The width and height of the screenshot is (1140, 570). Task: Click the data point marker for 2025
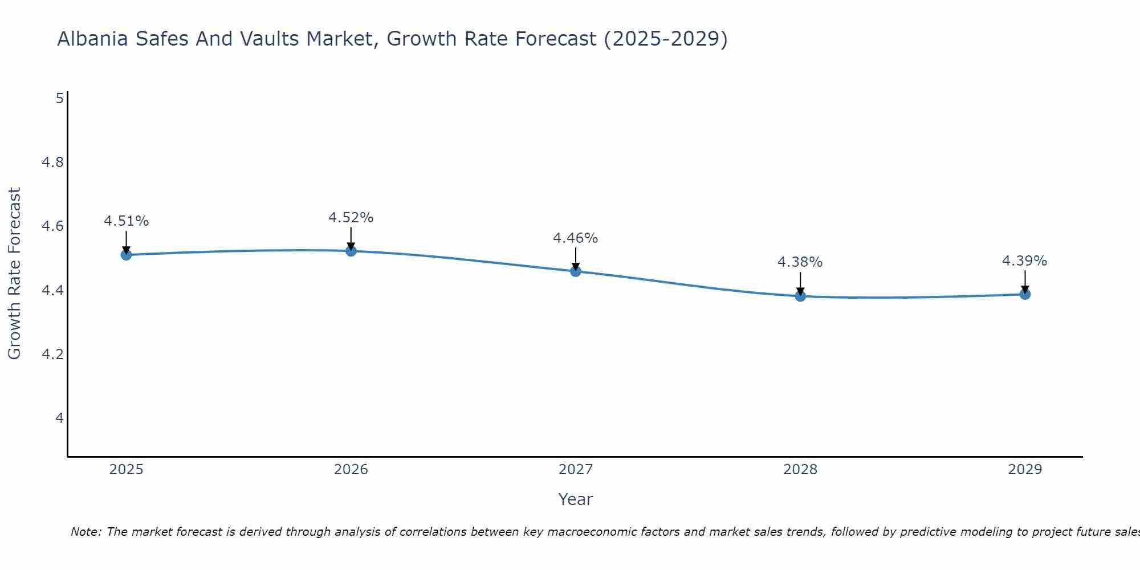[x=126, y=255]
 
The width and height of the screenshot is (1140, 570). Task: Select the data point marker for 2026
[x=351, y=251]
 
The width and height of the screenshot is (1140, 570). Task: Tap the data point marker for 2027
[x=576, y=271]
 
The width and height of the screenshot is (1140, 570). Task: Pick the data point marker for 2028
[x=800, y=296]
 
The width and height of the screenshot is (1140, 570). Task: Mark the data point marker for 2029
[x=1025, y=294]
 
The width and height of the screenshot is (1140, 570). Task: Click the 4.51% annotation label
[x=126, y=221]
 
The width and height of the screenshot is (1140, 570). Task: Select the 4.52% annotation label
[x=351, y=218]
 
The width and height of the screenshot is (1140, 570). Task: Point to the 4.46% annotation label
[x=576, y=238]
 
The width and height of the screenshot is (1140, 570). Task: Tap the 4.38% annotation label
[x=800, y=262]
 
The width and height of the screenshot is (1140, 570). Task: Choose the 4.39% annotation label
[x=1025, y=261]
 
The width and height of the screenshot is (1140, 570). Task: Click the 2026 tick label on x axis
[x=351, y=470]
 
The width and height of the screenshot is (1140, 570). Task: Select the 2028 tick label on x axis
[x=800, y=470]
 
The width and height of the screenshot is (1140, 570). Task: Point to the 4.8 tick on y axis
[x=52, y=162]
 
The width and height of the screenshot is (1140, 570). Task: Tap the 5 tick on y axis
[x=59, y=99]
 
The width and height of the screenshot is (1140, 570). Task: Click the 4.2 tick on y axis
[x=52, y=355]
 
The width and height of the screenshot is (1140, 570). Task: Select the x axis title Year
[x=576, y=499]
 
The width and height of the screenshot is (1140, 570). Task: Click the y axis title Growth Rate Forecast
[x=14, y=274]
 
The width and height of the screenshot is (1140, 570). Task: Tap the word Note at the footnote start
[x=85, y=532]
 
